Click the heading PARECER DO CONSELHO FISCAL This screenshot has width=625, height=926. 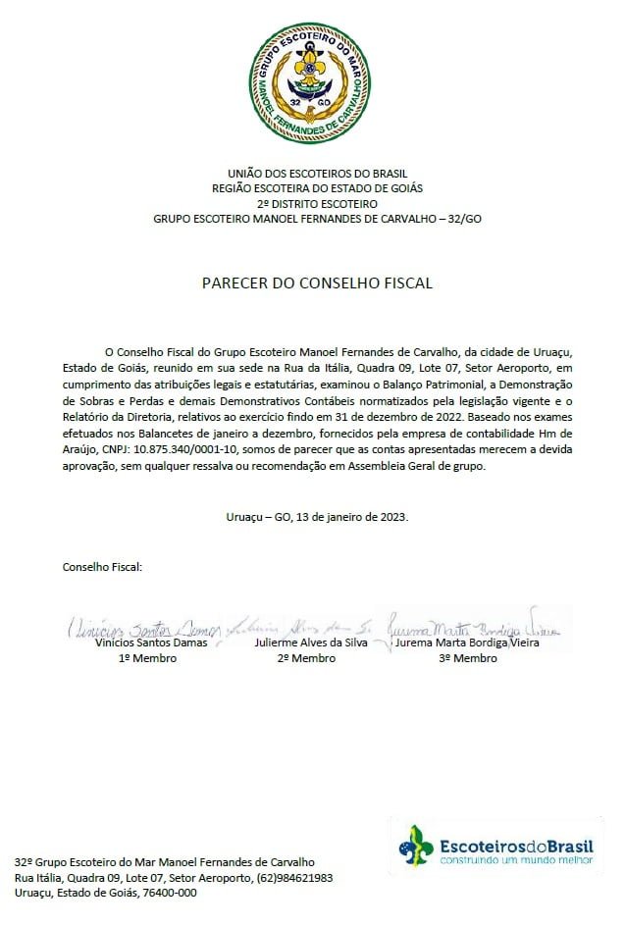[317, 283]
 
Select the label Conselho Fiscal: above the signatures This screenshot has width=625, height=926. [102, 566]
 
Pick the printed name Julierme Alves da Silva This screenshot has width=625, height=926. [306, 643]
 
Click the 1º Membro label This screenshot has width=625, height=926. [147, 658]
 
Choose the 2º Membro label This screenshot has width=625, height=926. [306, 658]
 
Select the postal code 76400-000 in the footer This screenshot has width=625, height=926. [170, 893]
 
